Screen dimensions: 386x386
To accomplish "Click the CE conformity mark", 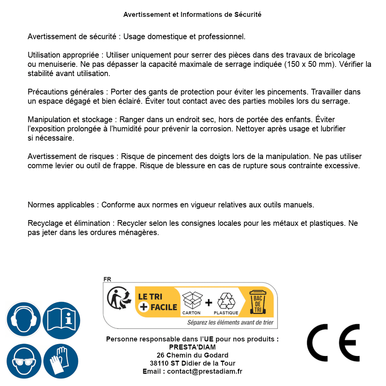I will pyautogui.click(x=333, y=343).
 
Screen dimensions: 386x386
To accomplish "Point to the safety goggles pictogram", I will pyautogui.click(x=23, y=361).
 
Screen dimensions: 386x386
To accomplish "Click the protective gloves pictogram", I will pyautogui.click(x=61, y=361).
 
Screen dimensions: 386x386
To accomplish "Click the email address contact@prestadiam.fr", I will pyautogui.click(x=205, y=371).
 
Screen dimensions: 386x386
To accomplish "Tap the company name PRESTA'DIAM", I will pyautogui.click(x=192, y=347).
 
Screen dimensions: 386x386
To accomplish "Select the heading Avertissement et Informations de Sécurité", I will pyautogui.click(x=192, y=15).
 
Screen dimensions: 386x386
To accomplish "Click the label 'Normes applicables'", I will pyautogui.click(x=61, y=205).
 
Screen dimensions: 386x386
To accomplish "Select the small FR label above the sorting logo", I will pyautogui.click(x=107, y=279).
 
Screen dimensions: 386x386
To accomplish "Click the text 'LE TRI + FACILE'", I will pyautogui.click(x=157, y=302).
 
